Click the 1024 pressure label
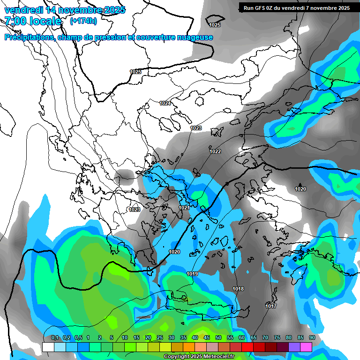click(x=165, y=103)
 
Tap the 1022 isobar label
click(x=215, y=151)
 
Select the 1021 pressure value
click(x=184, y=208)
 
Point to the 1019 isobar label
click(x=192, y=274)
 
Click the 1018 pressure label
click(x=238, y=289)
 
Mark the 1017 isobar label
click(x=271, y=306)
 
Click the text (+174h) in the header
click(x=83, y=21)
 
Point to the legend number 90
click(x=312, y=337)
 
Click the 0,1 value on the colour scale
click(x=55, y=337)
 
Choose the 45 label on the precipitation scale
click(x=207, y=337)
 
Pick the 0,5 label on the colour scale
click(x=78, y=337)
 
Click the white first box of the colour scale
click(x=48, y=347)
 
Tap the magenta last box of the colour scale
click(x=306, y=347)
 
